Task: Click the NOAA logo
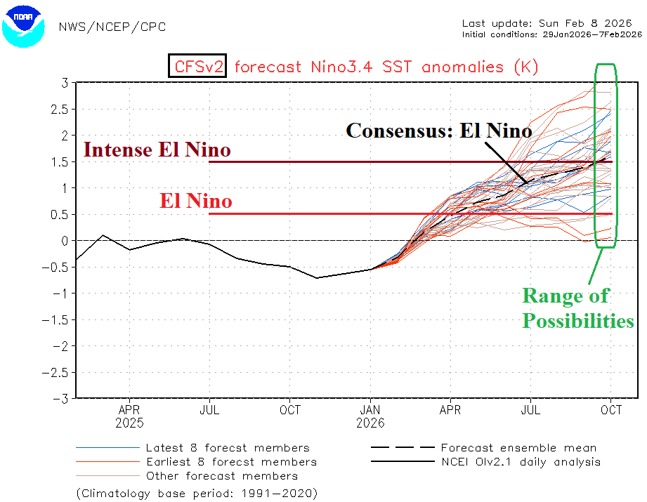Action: (24, 25)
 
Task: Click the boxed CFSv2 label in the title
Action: (196, 67)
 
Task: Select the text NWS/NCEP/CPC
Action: (113, 27)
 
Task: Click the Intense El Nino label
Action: (157, 150)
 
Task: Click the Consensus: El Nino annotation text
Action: (439, 131)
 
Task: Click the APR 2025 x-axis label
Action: (130, 416)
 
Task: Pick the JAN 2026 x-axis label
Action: (371, 416)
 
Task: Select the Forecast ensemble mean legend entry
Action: (518, 448)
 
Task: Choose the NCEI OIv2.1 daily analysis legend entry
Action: (521, 462)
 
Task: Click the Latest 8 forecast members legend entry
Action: (227, 448)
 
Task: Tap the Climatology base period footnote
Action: (196, 493)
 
